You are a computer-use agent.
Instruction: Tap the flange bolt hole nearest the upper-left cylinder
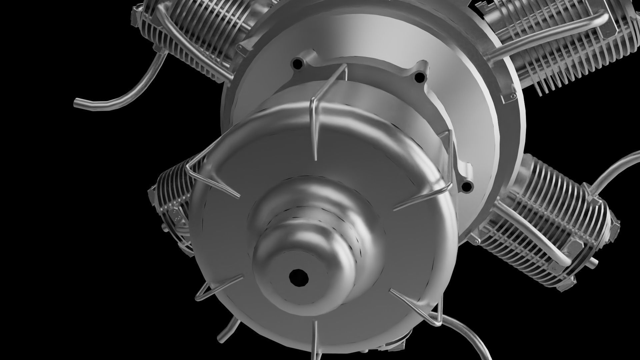tap(295, 62)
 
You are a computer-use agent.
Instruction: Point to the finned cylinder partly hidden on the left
tap(170, 207)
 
